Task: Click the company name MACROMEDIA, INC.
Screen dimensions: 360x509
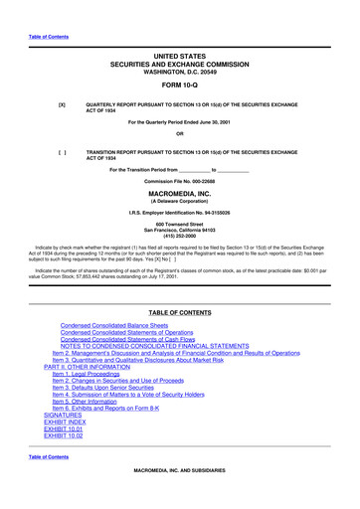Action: tap(179, 195)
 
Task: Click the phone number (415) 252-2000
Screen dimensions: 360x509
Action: tap(179, 235)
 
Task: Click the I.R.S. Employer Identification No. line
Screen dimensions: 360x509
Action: tap(179, 214)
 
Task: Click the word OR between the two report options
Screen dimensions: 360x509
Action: tap(179, 134)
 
